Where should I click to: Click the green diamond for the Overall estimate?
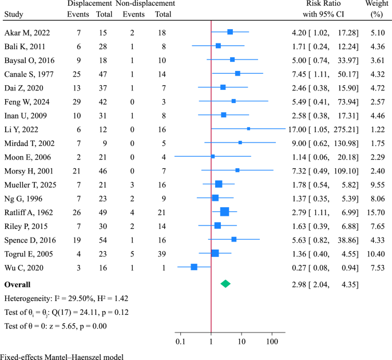tap(225, 283)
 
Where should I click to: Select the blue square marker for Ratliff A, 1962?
tap(224, 212)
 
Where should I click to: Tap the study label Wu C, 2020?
tap(22, 267)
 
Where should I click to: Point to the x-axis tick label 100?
tap(272, 342)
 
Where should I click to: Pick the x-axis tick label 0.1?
tap(180, 342)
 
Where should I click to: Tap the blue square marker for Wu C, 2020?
tap(194, 267)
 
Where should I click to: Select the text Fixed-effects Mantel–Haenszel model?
tap(62, 356)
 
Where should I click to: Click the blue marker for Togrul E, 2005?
tap(215, 253)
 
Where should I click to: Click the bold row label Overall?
tap(17, 284)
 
